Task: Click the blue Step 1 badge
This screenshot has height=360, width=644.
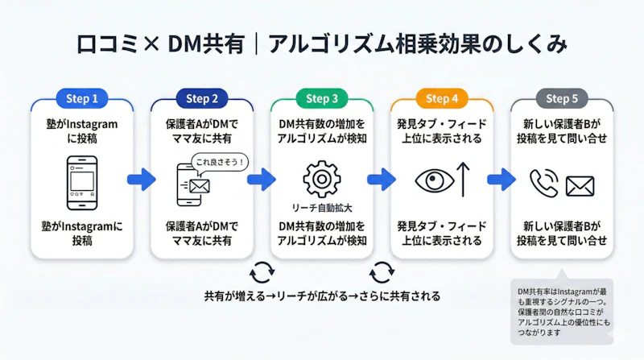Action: coord(82,99)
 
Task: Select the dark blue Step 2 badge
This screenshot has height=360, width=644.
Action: coord(202,99)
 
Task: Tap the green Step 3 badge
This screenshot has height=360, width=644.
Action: coord(322,99)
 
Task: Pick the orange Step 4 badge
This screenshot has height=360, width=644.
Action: coord(442,99)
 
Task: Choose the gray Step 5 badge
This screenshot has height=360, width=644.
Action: coord(562,99)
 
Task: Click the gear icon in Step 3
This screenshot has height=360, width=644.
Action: coord(321,178)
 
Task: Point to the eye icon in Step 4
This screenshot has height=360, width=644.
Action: coord(435,180)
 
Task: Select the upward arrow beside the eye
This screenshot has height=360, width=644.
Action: coord(464,179)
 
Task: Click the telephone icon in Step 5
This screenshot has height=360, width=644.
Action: coord(543,183)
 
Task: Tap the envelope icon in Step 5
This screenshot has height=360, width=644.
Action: coord(580,186)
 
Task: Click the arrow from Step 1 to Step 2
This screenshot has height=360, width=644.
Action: coord(142,179)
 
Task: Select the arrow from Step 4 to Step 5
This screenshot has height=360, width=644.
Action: coord(502,179)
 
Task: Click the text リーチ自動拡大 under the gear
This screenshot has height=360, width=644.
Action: coord(322,207)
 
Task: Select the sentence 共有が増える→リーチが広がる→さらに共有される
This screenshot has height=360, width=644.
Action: coord(322,296)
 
